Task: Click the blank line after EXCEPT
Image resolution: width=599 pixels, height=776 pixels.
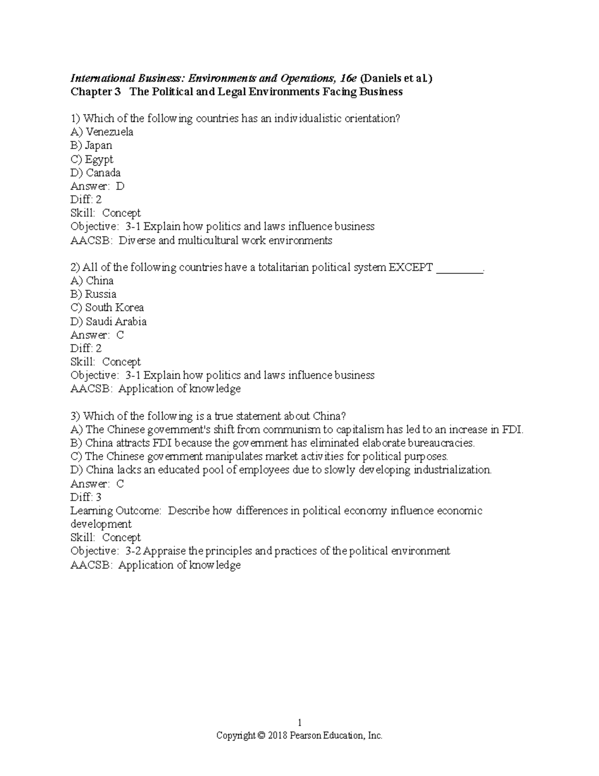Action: tap(460, 270)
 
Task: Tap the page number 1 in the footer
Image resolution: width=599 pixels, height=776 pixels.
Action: tap(299, 723)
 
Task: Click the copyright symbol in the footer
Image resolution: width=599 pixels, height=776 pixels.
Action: tap(262, 736)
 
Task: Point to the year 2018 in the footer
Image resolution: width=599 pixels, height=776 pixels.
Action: tap(277, 736)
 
